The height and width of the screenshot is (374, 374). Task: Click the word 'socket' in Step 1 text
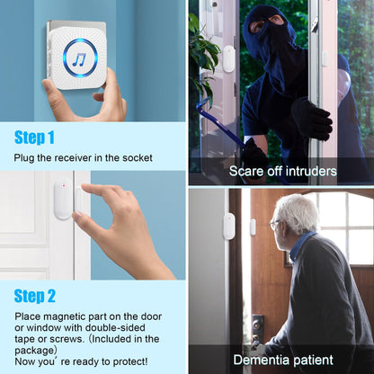pyautogui.click(x=136, y=158)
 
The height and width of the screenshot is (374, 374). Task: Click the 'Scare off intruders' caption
pyautogui.click(x=283, y=170)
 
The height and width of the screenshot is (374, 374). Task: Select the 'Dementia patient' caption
pyautogui.click(x=281, y=360)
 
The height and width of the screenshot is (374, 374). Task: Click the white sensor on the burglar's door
pyautogui.click(x=228, y=59)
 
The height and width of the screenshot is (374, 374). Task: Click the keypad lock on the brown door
pyautogui.click(x=258, y=326)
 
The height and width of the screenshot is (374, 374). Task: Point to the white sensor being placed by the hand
pyautogui.click(x=62, y=200)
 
